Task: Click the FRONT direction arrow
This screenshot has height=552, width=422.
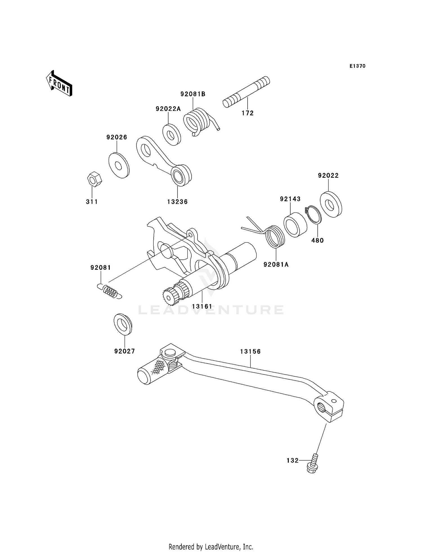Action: tap(59, 84)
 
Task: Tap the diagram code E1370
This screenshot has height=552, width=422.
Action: tap(357, 66)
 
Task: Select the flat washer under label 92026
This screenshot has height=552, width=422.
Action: tap(119, 165)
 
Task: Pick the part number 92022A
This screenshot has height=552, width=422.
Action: tap(168, 109)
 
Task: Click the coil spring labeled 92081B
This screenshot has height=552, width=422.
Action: tap(197, 121)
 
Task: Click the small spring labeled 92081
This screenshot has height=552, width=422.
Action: tap(110, 291)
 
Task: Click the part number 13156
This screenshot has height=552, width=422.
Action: tap(250, 351)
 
